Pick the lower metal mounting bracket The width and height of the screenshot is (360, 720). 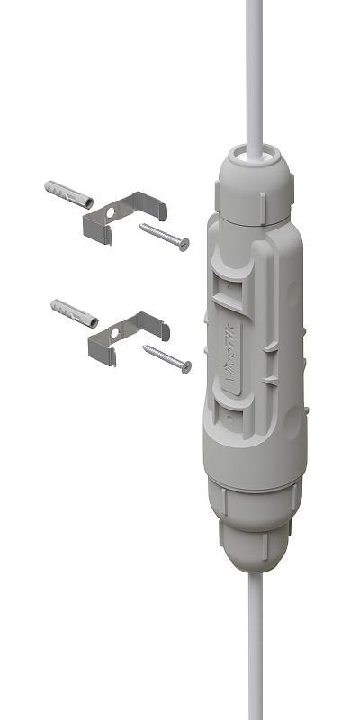click(127, 334)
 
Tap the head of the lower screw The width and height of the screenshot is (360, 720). click(186, 365)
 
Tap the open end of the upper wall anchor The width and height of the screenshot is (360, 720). click(48, 188)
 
